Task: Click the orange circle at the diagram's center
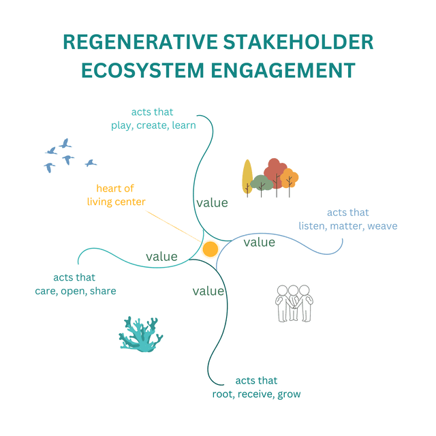pos(210,249)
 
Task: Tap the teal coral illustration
pos(140,334)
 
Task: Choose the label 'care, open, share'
pos(76,291)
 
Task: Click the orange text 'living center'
pos(116,201)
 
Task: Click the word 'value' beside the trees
pos(212,202)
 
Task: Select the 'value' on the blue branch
pos(260,242)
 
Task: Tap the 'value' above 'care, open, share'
pos(161,257)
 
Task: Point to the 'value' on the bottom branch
pos(208,291)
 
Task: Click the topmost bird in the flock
pos(65,143)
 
